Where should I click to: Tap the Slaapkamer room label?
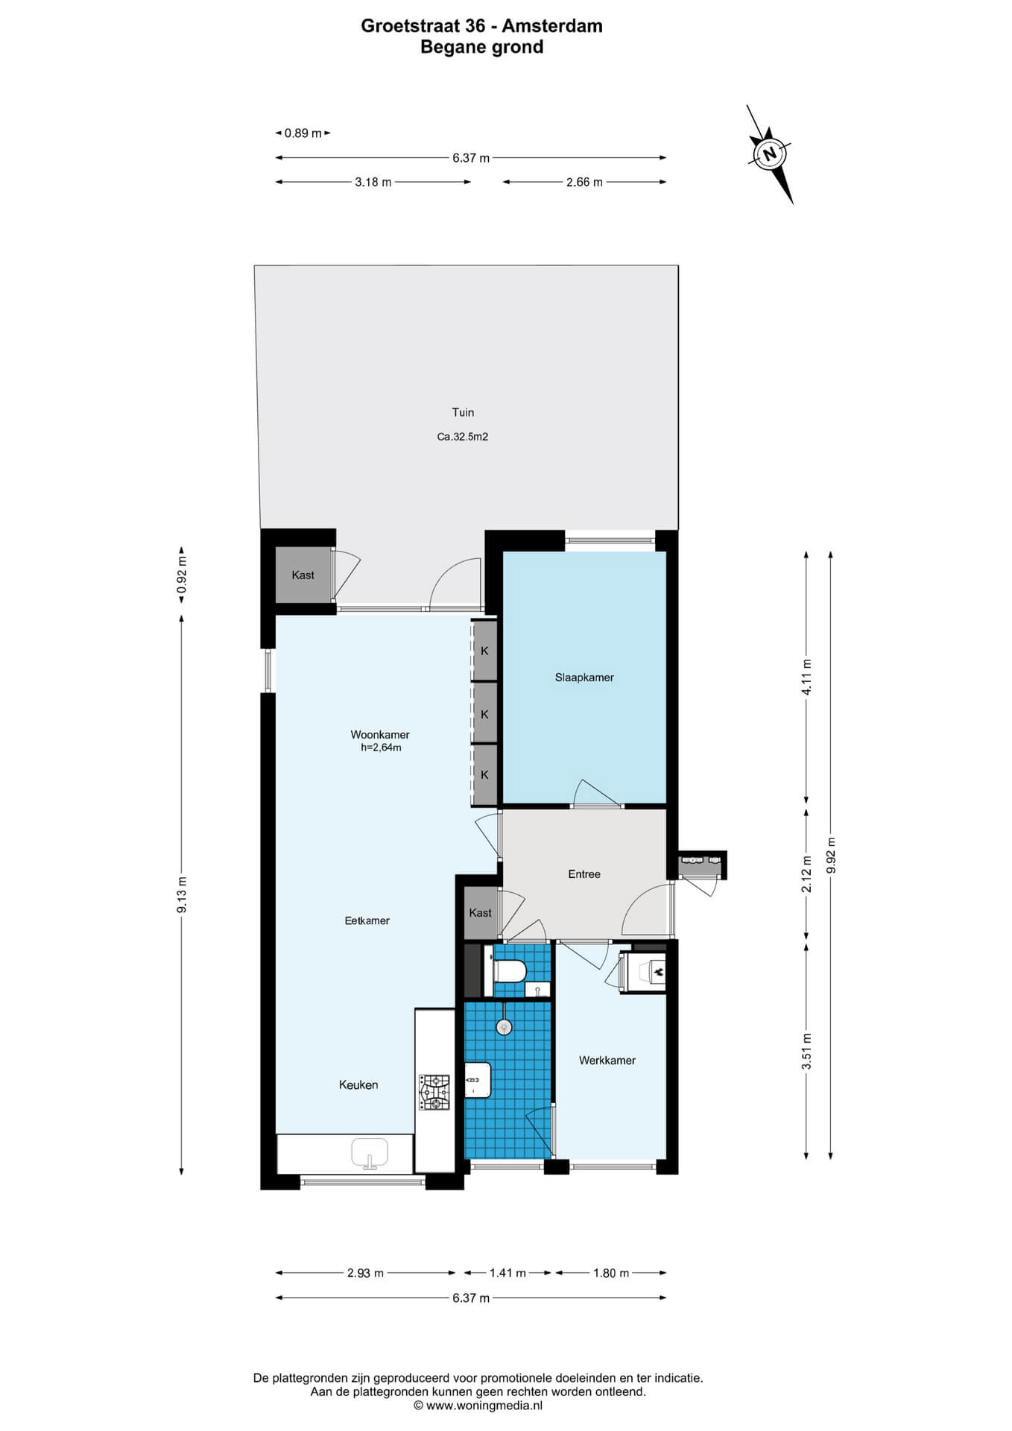584,677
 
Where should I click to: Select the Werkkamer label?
607,1061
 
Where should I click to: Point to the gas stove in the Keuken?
434,1093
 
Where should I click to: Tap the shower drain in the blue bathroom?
505,1027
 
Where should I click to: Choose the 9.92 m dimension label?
832,856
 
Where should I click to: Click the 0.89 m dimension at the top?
303,133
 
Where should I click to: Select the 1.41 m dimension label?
507,1273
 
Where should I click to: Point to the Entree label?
584,874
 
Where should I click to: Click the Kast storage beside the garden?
303,575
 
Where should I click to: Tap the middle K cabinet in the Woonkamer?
484,714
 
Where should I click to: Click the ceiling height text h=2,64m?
381,748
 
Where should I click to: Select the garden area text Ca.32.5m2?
463,437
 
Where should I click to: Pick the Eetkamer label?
367,920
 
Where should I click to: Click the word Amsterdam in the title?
552,26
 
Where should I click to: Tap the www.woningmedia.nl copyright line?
478,1406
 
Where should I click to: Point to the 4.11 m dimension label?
806,677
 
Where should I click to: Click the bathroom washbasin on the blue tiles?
477,1080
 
